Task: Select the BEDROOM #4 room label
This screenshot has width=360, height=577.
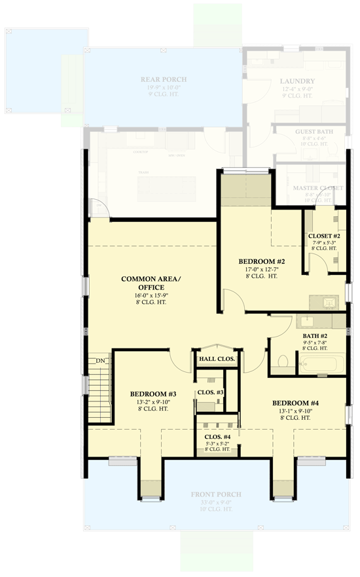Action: [x=295, y=403]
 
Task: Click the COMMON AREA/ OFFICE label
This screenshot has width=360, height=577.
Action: [x=151, y=283]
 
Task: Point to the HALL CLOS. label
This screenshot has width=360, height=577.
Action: [x=216, y=359]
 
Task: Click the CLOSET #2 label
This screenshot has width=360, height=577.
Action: [x=324, y=235]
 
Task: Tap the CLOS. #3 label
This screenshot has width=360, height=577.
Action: [x=211, y=392]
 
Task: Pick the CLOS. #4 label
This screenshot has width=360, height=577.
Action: [x=217, y=437]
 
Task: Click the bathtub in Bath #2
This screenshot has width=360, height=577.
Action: [x=321, y=363]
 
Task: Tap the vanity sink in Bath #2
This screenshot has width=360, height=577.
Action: [x=308, y=321]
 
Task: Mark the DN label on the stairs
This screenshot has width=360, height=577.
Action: [x=100, y=361]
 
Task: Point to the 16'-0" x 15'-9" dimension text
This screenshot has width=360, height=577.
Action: [x=151, y=296]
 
